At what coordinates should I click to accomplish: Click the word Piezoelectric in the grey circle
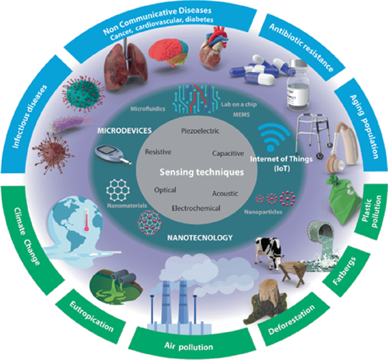point(195,132)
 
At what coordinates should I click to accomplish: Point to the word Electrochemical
point(195,208)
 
